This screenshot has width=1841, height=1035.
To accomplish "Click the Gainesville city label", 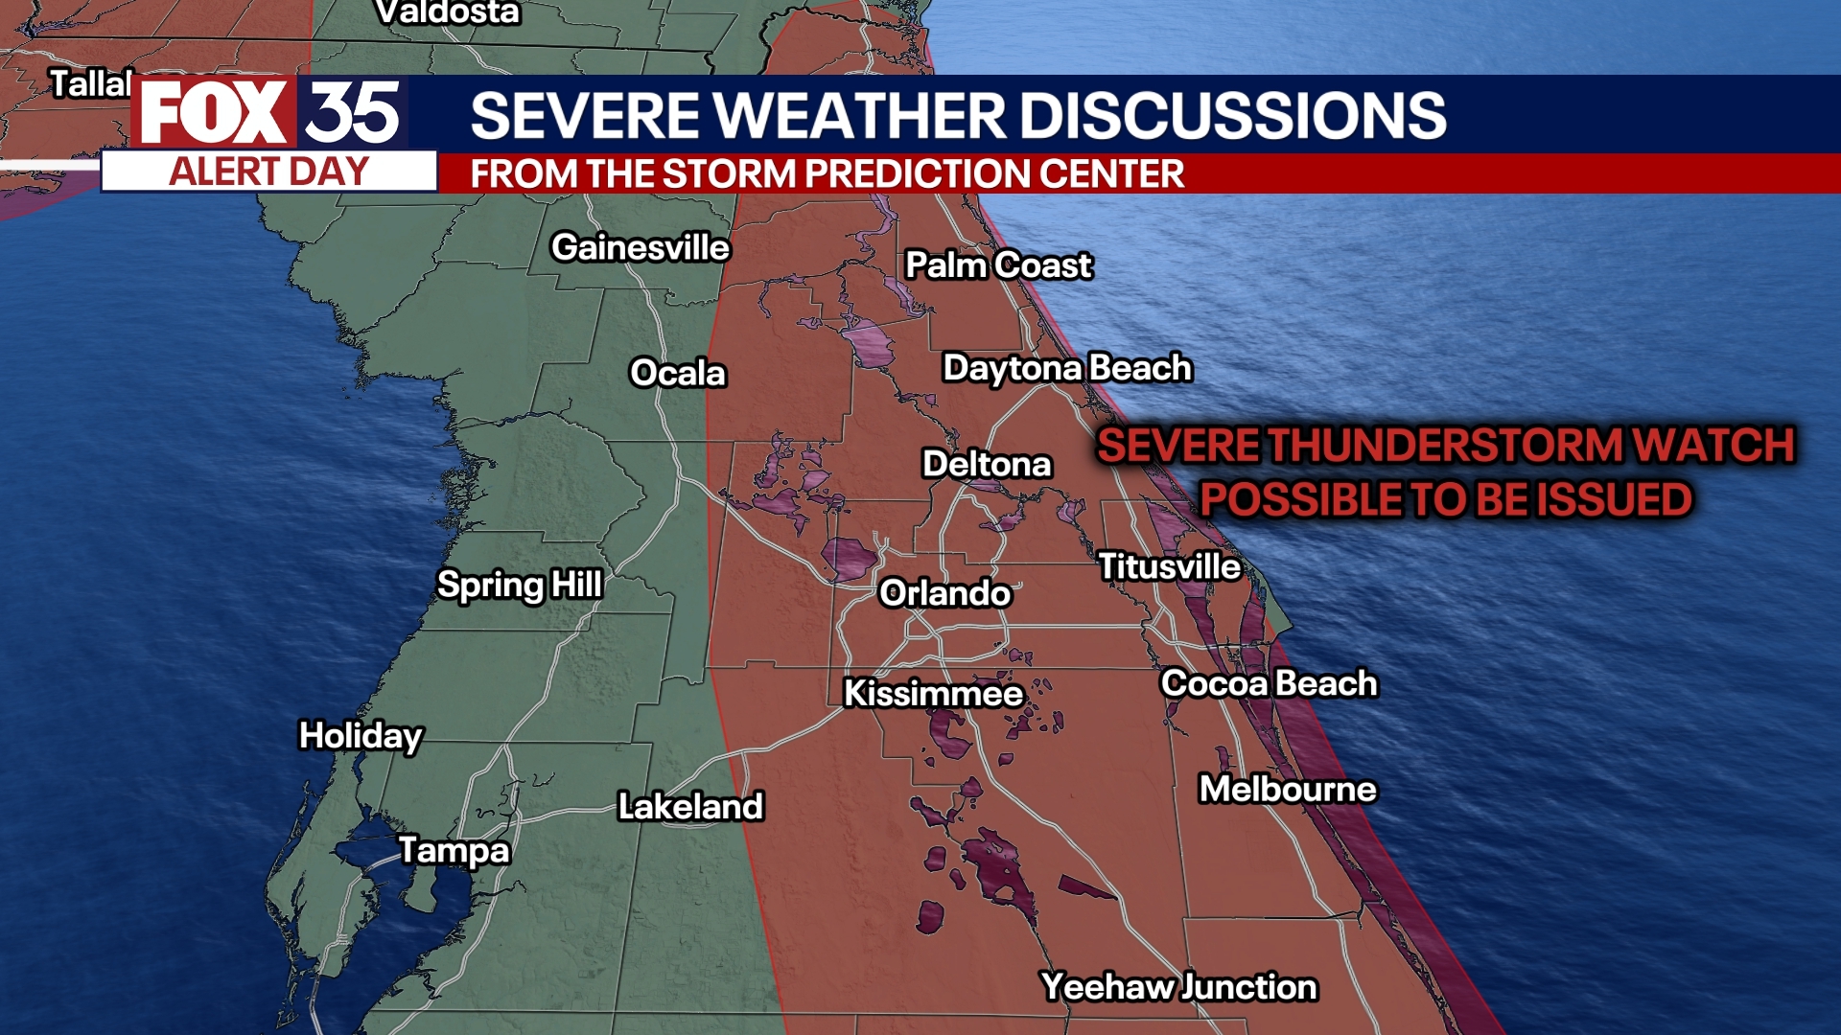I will click(x=640, y=247).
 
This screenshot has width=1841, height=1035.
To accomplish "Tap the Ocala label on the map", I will click(x=677, y=373).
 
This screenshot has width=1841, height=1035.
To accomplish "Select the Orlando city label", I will click(x=944, y=593).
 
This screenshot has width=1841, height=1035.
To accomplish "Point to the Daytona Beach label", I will click(x=1066, y=368).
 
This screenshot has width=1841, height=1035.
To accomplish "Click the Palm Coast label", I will click(x=998, y=264).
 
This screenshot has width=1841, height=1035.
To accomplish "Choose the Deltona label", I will click(x=987, y=464).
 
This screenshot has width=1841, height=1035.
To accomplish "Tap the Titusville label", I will click(x=1169, y=566).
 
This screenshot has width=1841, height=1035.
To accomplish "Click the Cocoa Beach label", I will click(x=1269, y=683).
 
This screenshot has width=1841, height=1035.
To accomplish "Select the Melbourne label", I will click(x=1287, y=789).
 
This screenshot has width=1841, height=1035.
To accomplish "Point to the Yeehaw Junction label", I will click(x=1178, y=986).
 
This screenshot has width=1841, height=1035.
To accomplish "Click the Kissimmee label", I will click(x=933, y=693).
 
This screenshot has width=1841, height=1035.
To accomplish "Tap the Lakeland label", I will click(x=690, y=806).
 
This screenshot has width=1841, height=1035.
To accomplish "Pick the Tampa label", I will click(x=454, y=850).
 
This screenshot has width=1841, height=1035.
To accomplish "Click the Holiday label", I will click(x=361, y=735).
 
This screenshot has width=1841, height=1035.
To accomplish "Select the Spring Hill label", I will click(x=519, y=584).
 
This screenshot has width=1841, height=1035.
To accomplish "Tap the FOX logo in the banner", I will click(x=213, y=113).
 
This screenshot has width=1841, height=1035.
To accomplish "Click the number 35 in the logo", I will click(x=352, y=113).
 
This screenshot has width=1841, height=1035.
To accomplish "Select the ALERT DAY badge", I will click(x=268, y=172).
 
